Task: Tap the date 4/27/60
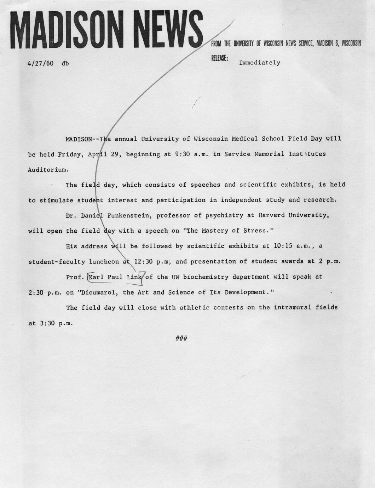(40, 64)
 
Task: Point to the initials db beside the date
(65, 64)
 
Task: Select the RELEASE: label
(219, 58)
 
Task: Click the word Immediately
(260, 63)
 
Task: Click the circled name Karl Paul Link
(115, 277)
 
